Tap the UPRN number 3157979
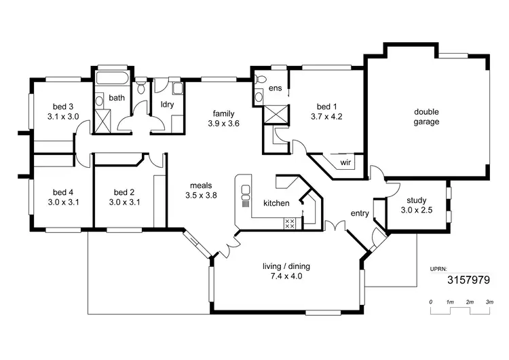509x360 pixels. click(468, 279)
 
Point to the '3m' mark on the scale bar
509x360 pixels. click(489, 301)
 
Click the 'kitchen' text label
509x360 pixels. click(277, 203)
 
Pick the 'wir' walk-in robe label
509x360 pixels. click(345, 163)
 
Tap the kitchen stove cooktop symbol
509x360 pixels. click(289, 223)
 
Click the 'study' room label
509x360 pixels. click(417, 200)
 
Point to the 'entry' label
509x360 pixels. click(360, 213)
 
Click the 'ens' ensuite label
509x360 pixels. click(275, 88)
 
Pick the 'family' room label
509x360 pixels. click(223, 113)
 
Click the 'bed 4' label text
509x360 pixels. click(64, 192)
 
